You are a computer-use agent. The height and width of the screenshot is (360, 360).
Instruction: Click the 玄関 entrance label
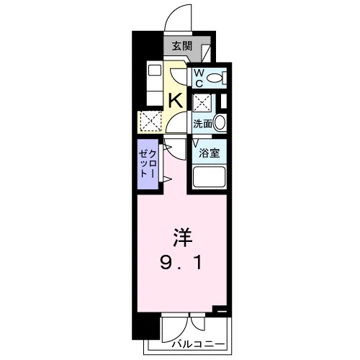click(181, 47)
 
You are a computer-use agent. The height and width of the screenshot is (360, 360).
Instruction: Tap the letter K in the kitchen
click(174, 100)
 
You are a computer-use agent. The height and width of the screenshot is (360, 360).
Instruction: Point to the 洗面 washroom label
click(202, 123)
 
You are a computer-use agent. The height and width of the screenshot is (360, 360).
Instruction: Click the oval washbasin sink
click(220, 122)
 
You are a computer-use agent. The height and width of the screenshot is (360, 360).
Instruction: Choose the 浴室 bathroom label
click(210, 152)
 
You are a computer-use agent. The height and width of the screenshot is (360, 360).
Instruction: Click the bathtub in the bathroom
click(210, 178)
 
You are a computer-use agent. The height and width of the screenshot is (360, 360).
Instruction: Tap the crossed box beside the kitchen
click(151, 122)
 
